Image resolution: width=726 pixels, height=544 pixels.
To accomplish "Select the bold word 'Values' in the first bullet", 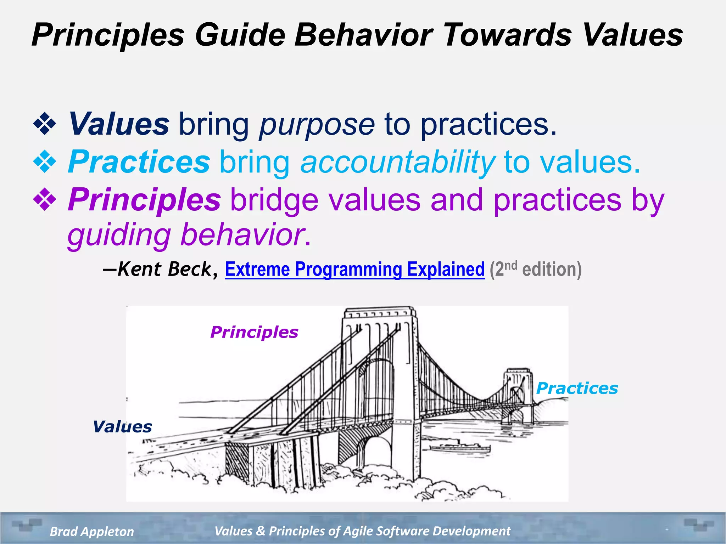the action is coord(119,124).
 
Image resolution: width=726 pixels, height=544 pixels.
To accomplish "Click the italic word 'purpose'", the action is coord(317,125).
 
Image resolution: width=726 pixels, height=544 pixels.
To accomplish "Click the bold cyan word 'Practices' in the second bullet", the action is coord(139,162).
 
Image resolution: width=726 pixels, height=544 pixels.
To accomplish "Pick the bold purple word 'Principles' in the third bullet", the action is coord(144,200).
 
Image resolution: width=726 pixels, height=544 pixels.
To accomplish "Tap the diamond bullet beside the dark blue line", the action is coord(45,124).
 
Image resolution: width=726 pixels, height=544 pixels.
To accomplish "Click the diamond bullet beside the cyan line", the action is coord(45,162).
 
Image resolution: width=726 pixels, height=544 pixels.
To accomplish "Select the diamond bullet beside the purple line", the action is coord(45,200).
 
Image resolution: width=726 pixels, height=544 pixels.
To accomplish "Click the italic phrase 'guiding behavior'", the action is coord(186,236).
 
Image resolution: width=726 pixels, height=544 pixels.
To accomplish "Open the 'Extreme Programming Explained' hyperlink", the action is coord(354,269).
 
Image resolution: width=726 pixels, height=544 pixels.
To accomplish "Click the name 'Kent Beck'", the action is coord(164,269).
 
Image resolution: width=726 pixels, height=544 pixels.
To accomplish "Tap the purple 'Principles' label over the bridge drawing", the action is coord(254,332).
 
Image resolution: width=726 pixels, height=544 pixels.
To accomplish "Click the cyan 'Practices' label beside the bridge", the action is coord(577,388).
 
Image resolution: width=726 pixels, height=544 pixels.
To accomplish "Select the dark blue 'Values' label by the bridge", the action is coord(122,427).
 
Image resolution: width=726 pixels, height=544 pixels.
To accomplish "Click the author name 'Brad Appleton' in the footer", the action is coord(92,531).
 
